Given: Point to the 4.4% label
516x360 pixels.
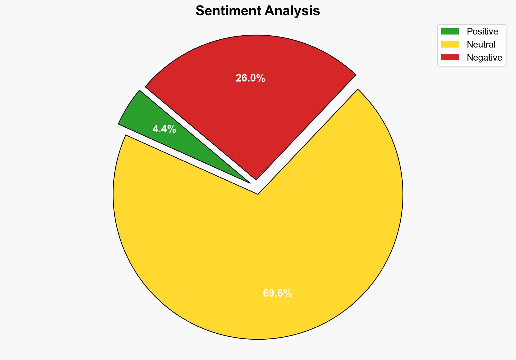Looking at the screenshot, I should click(164, 129).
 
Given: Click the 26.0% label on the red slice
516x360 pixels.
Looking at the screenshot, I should click(250, 78).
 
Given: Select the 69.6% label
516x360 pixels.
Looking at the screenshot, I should click(277, 293).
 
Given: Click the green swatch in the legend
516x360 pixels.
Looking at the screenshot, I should click(450, 32).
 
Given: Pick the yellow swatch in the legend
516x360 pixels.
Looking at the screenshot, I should click(450, 44).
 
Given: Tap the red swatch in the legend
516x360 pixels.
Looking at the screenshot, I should click(450, 57).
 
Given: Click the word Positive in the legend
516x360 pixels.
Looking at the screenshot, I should click(482, 32).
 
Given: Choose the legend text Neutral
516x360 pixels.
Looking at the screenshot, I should click(481, 45).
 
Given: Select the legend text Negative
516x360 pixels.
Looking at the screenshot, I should click(484, 58).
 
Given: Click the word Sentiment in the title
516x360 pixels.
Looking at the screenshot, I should click(228, 11).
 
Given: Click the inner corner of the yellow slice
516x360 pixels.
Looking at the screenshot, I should click(258, 193).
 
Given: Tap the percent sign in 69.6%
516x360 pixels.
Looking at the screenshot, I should click(288, 293).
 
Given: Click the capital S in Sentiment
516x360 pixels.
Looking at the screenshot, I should click(200, 11).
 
